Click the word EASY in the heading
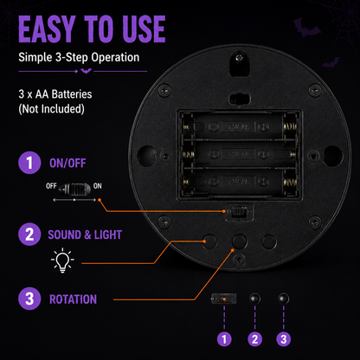(47, 29)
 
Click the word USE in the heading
(144, 29)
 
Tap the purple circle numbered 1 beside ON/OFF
(29, 163)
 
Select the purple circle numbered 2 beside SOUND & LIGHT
(29, 235)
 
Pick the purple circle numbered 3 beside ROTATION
(29, 299)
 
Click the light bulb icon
(62, 260)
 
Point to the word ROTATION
(73, 299)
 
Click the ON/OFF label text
(67, 164)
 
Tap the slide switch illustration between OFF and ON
(74, 190)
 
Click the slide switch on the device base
(239, 212)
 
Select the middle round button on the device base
(240, 241)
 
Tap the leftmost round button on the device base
(209, 241)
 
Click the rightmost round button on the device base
(269, 241)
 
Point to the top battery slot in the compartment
(240, 126)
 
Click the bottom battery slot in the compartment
(240, 182)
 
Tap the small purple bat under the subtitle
(86, 71)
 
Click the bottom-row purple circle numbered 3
(284, 339)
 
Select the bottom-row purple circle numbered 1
(224, 339)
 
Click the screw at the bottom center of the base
(240, 260)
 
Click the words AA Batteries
(64, 94)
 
